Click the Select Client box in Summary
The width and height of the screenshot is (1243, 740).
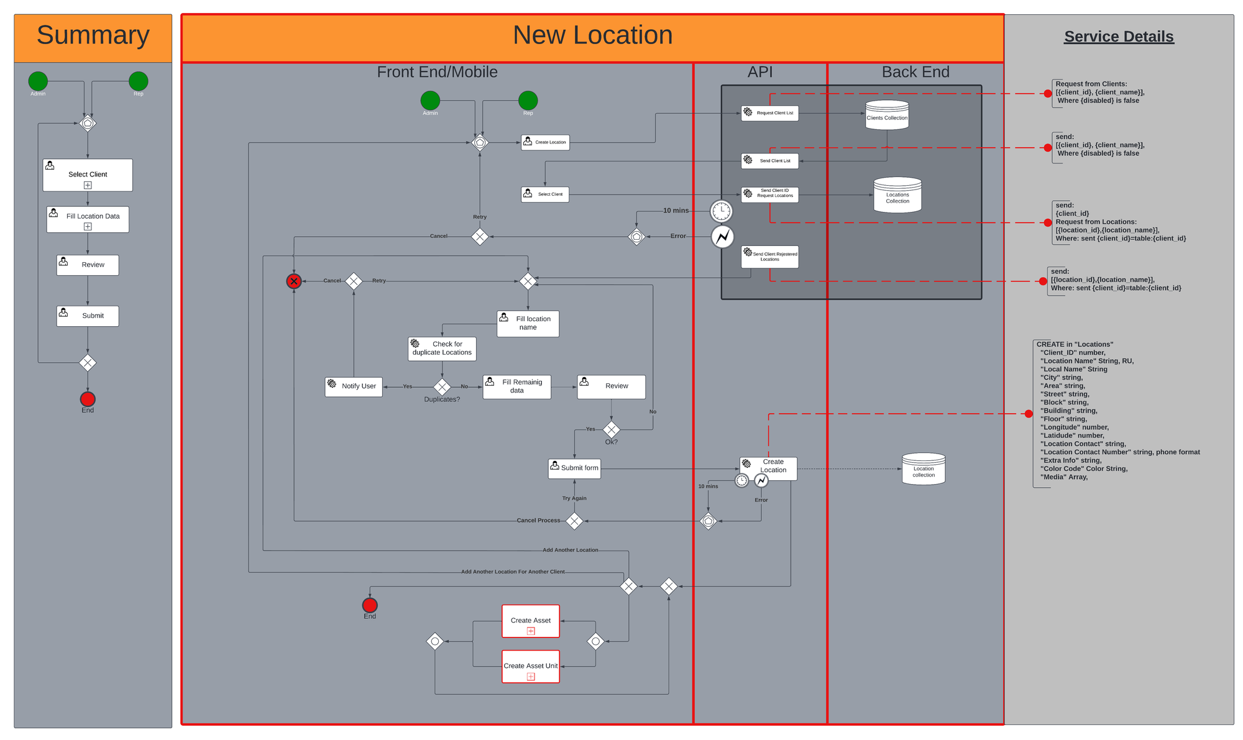(x=88, y=175)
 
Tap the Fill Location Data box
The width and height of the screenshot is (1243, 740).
(x=88, y=219)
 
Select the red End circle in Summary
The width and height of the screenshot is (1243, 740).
(x=88, y=399)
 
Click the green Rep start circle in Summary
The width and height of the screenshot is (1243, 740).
(x=138, y=81)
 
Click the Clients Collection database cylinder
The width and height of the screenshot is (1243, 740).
(x=887, y=116)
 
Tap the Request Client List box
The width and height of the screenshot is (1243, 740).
(x=769, y=113)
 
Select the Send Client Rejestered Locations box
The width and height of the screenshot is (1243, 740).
(x=769, y=256)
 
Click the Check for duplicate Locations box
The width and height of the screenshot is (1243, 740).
(x=442, y=349)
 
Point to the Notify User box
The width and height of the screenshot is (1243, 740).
(x=353, y=386)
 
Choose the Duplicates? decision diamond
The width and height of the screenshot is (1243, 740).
(x=442, y=387)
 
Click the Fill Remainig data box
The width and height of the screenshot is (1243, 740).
(x=516, y=386)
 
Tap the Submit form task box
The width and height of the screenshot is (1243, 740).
(x=574, y=468)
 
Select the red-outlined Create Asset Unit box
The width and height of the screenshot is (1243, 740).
(x=531, y=667)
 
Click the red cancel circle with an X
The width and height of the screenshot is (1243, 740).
(x=294, y=281)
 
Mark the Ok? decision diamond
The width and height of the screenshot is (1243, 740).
(x=612, y=429)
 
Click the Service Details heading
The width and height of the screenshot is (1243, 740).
(x=1118, y=37)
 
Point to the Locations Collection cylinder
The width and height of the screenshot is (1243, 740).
(x=897, y=196)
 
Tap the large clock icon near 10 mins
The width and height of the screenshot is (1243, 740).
(x=722, y=211)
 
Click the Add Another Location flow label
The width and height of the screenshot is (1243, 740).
(x=570, y=550)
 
